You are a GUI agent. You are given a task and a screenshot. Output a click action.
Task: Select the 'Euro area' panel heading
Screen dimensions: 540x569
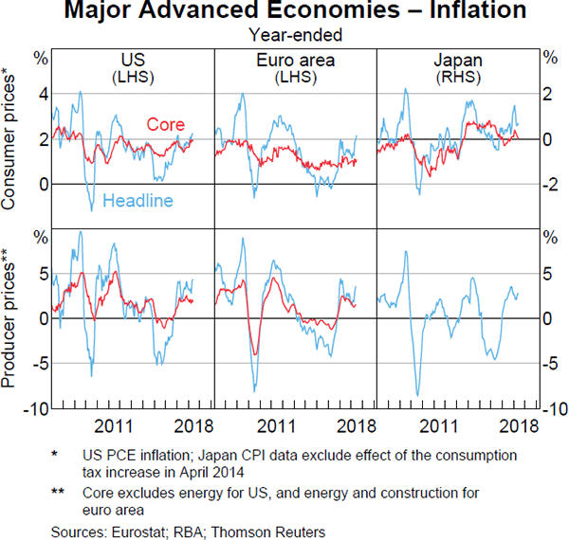(x=296, y=60)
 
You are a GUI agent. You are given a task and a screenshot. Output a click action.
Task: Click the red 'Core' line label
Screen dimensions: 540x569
(x=165, y=124)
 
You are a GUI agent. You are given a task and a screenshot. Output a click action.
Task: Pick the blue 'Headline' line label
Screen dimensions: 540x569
(x=138, y=200)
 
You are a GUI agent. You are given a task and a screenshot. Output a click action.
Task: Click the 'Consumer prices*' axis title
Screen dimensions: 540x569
(x=10, y=138)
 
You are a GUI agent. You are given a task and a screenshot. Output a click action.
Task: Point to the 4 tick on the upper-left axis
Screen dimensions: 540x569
(x=41, y=95)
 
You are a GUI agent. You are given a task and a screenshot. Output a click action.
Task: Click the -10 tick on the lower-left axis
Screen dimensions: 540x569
(x=34, y=408)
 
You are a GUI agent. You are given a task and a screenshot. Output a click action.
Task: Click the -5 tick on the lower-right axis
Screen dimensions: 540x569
(x=549, y=364)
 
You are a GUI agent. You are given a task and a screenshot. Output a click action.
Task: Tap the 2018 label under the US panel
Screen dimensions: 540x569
(x=193, y=426)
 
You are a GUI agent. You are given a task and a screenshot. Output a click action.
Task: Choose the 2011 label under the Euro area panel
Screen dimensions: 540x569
(x=276, y=426)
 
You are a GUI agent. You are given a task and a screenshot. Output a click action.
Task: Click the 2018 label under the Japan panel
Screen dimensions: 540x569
(x=518, y=426)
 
